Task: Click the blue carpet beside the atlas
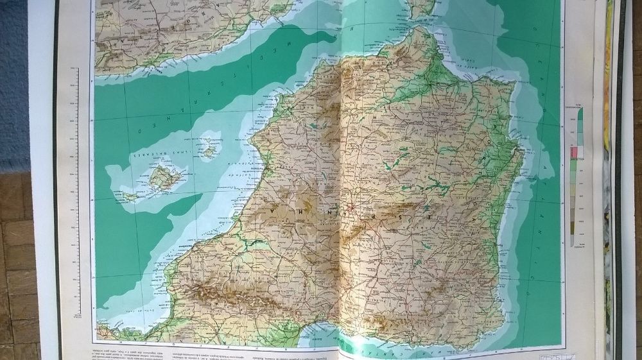point(13,83)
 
